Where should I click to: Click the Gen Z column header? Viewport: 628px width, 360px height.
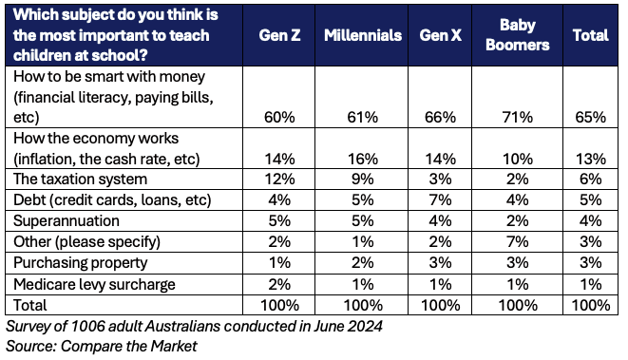pos(279,35)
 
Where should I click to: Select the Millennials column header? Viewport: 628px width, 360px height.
pos(363,35)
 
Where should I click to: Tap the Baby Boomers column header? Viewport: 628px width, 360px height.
pos(517,35)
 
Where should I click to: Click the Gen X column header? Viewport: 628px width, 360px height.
pos(440,35)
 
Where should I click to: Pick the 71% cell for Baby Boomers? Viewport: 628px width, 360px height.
pos(518,118)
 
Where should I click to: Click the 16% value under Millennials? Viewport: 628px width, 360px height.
pos(363,159)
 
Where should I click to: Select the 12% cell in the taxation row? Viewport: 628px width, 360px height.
pos(279,179)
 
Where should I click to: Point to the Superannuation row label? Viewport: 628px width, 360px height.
pos(67,220)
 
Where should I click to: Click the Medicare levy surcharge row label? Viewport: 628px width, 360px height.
pos(94,284)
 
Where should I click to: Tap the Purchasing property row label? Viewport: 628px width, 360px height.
pos(81,263)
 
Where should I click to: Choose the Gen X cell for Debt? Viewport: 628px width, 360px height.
pos(440,199)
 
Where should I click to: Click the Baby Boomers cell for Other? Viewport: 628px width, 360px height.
pos(518,241)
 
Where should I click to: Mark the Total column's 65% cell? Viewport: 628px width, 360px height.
pos(590,118)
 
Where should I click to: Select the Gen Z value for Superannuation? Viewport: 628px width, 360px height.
pos(279,220)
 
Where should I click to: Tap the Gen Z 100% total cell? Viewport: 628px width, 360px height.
pos(279,305)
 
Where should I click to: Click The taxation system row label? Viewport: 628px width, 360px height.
pos(80,179)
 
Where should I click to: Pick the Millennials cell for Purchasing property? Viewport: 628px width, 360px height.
pos(363,263)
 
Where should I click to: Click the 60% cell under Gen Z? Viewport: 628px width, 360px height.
pos(279,118)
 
